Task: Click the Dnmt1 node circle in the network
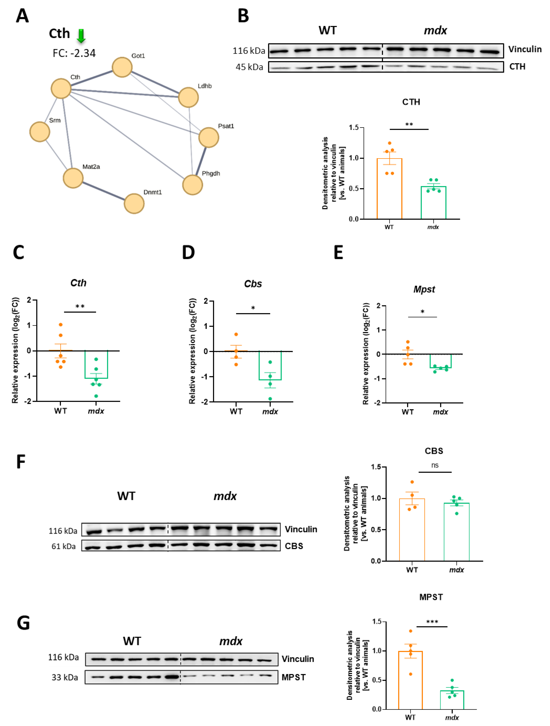134,203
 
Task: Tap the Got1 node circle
122,67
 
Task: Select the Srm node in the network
40,132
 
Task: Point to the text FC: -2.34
74,53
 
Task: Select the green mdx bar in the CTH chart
433,202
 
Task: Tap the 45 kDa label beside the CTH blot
249,67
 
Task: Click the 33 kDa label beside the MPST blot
65,677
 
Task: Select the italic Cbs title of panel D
253,284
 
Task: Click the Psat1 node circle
209,137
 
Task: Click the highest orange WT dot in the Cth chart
61,325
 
